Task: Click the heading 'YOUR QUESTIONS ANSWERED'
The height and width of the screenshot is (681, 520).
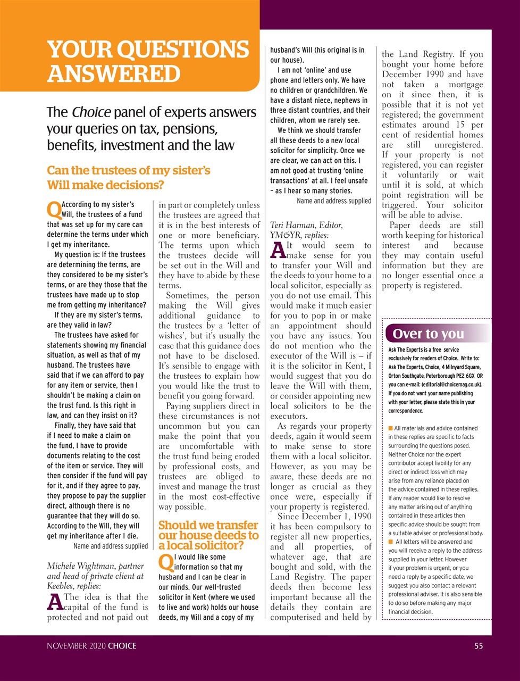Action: pyautogui.click(x=148, y=61)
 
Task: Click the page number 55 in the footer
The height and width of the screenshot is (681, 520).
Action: pyautogui.click(x=479, y=646)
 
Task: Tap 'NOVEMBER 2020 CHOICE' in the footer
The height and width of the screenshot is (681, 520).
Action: pyautogui.click(x=91, y=646)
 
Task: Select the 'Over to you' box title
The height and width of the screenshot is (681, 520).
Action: pyautogui.click(x=428, y=334)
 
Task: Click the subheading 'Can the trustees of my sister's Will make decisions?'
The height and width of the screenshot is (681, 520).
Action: pyautogui.click(x=129, y=178)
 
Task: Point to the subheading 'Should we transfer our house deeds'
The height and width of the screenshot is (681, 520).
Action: pyautogui.click(x=208, y=535)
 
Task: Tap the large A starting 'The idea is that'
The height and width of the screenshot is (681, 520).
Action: pyautogui.click(x=54, y=602)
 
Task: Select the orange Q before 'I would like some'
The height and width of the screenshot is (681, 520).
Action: pyautogui.click(x=165, y=561)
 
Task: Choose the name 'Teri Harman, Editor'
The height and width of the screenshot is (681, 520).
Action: pyautogui.click(x=306, y=225)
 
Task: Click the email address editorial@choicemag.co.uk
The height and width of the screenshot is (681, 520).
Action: pyautogui.click(x=450, y=384)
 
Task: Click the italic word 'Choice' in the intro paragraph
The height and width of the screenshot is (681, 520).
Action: pyautogui.click(x=91, y=112)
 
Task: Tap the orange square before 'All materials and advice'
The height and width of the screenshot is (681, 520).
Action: pyautogui.click(x=391, y=428)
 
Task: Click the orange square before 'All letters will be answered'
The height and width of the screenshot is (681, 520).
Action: pyautogui.click(x=391, y=542)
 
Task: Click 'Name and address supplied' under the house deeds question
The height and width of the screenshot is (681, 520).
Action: pyautogui.click(x=334, y=201)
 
